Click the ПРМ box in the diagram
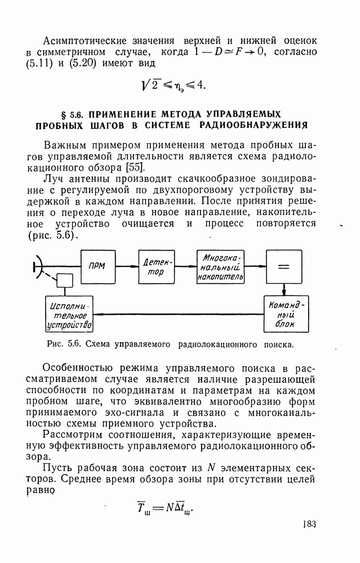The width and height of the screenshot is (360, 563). point(97,267)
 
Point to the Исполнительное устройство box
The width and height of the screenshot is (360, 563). point(69,315)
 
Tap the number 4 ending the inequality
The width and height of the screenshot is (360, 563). point(201,85)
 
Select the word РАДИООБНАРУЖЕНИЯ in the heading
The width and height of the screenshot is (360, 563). point(256,124)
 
